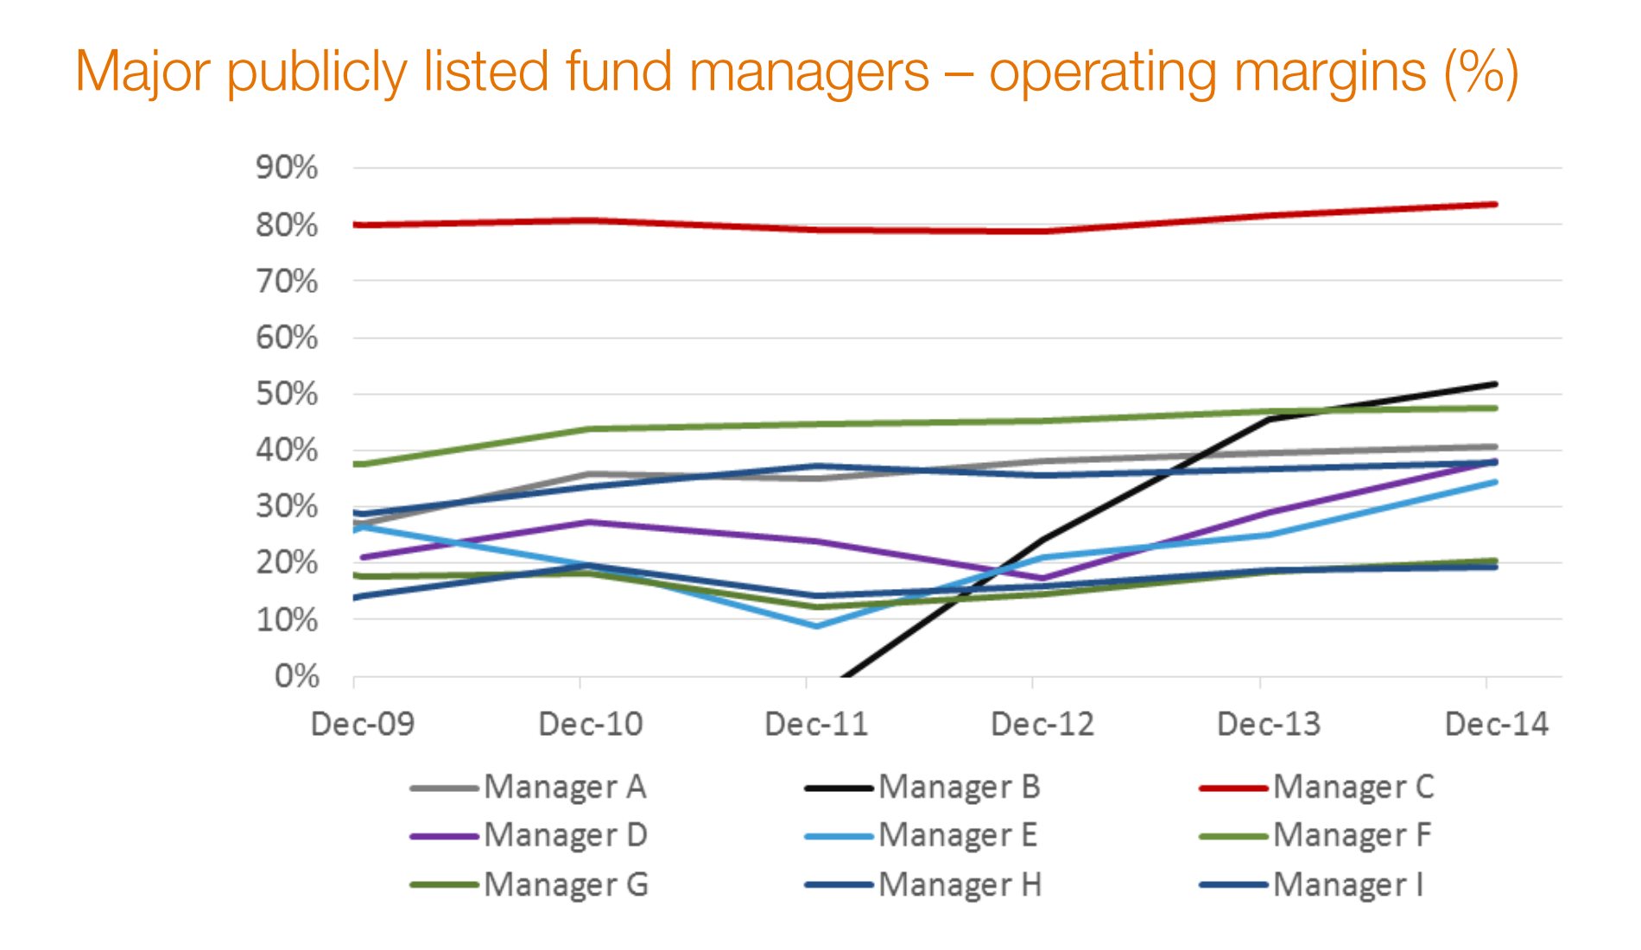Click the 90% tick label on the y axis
287,168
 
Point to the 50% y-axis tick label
287,394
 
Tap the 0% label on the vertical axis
297,676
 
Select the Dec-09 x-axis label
363,724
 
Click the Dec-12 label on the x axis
1042,724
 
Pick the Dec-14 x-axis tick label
1497,724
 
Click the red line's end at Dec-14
1495,205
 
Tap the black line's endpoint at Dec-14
1495,383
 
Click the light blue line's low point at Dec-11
817,626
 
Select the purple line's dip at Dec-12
1044,579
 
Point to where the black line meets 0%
843,676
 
